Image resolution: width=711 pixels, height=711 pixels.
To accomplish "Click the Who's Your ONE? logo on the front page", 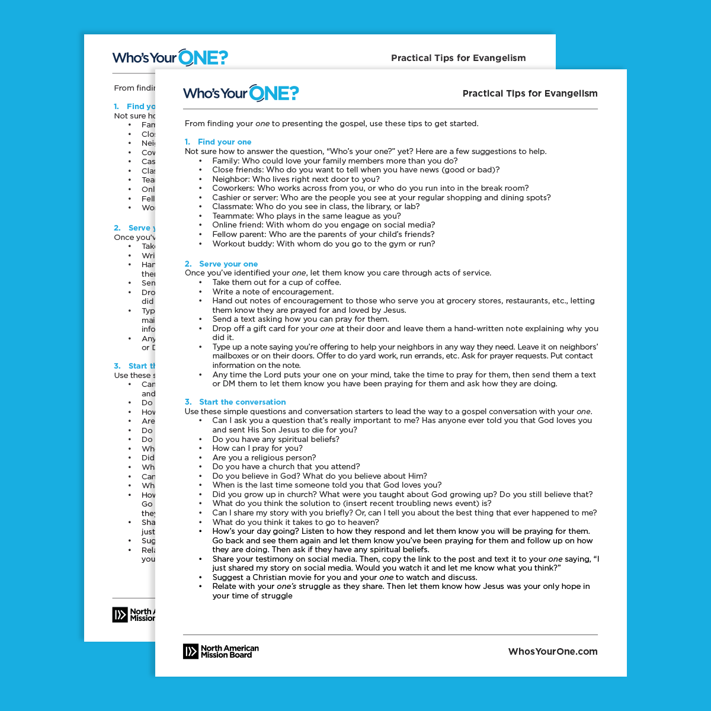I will pos(241,93).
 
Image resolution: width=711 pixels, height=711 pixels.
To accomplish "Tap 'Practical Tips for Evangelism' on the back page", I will pos(458,58).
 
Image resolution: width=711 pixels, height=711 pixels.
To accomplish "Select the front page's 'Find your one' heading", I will pos(225,142).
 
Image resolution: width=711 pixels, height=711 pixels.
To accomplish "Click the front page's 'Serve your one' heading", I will pos(228,264).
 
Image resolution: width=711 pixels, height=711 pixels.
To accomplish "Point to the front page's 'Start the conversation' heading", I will pos(242,402).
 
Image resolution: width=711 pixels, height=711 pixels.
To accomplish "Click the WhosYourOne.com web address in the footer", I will pos(552,652).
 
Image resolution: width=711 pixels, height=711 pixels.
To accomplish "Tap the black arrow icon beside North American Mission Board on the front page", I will pos(190,652).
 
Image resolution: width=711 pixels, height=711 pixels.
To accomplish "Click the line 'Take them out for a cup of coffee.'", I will pos(277,283).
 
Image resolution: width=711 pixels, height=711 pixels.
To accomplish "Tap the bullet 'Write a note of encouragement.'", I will pos(273,292).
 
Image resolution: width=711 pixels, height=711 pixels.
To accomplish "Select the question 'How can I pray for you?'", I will pos(257,449).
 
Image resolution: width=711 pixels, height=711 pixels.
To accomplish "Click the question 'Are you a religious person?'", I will pos(264,458).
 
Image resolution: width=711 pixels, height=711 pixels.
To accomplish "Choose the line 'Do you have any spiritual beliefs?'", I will pos(276,440).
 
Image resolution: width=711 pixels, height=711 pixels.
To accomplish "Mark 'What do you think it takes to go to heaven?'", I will pos(296,523).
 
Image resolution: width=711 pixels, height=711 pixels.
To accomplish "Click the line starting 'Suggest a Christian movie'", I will pos(345,578).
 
